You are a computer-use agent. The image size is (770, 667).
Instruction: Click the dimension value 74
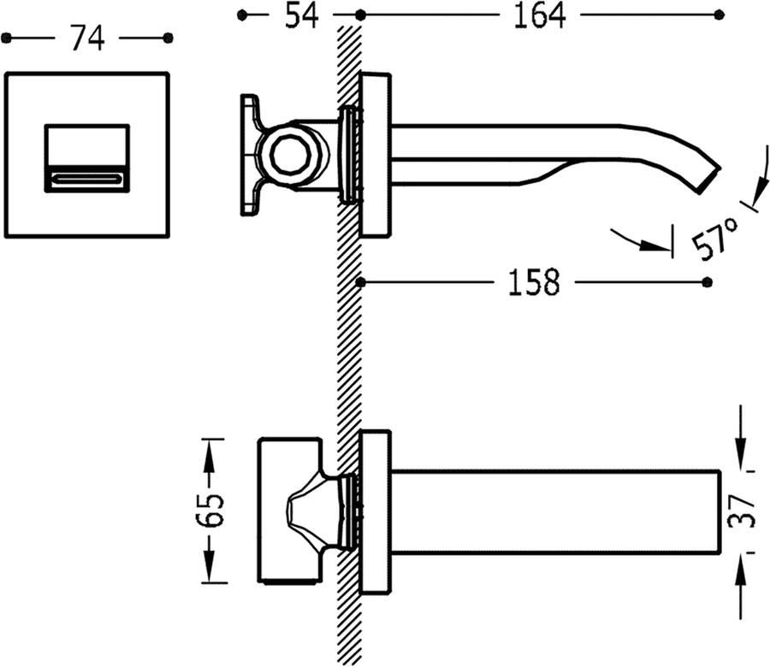point(87,38)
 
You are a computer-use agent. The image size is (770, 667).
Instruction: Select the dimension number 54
point(301,15)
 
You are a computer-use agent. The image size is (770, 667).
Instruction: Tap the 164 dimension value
point(539,15)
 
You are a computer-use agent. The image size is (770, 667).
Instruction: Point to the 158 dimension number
point(534,282)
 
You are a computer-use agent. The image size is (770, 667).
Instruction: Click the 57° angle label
point(715,239)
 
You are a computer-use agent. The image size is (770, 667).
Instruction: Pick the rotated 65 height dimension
point(210,511)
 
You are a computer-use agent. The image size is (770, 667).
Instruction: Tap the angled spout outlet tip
point(708,180)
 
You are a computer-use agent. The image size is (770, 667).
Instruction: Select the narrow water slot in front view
point(87,179)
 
